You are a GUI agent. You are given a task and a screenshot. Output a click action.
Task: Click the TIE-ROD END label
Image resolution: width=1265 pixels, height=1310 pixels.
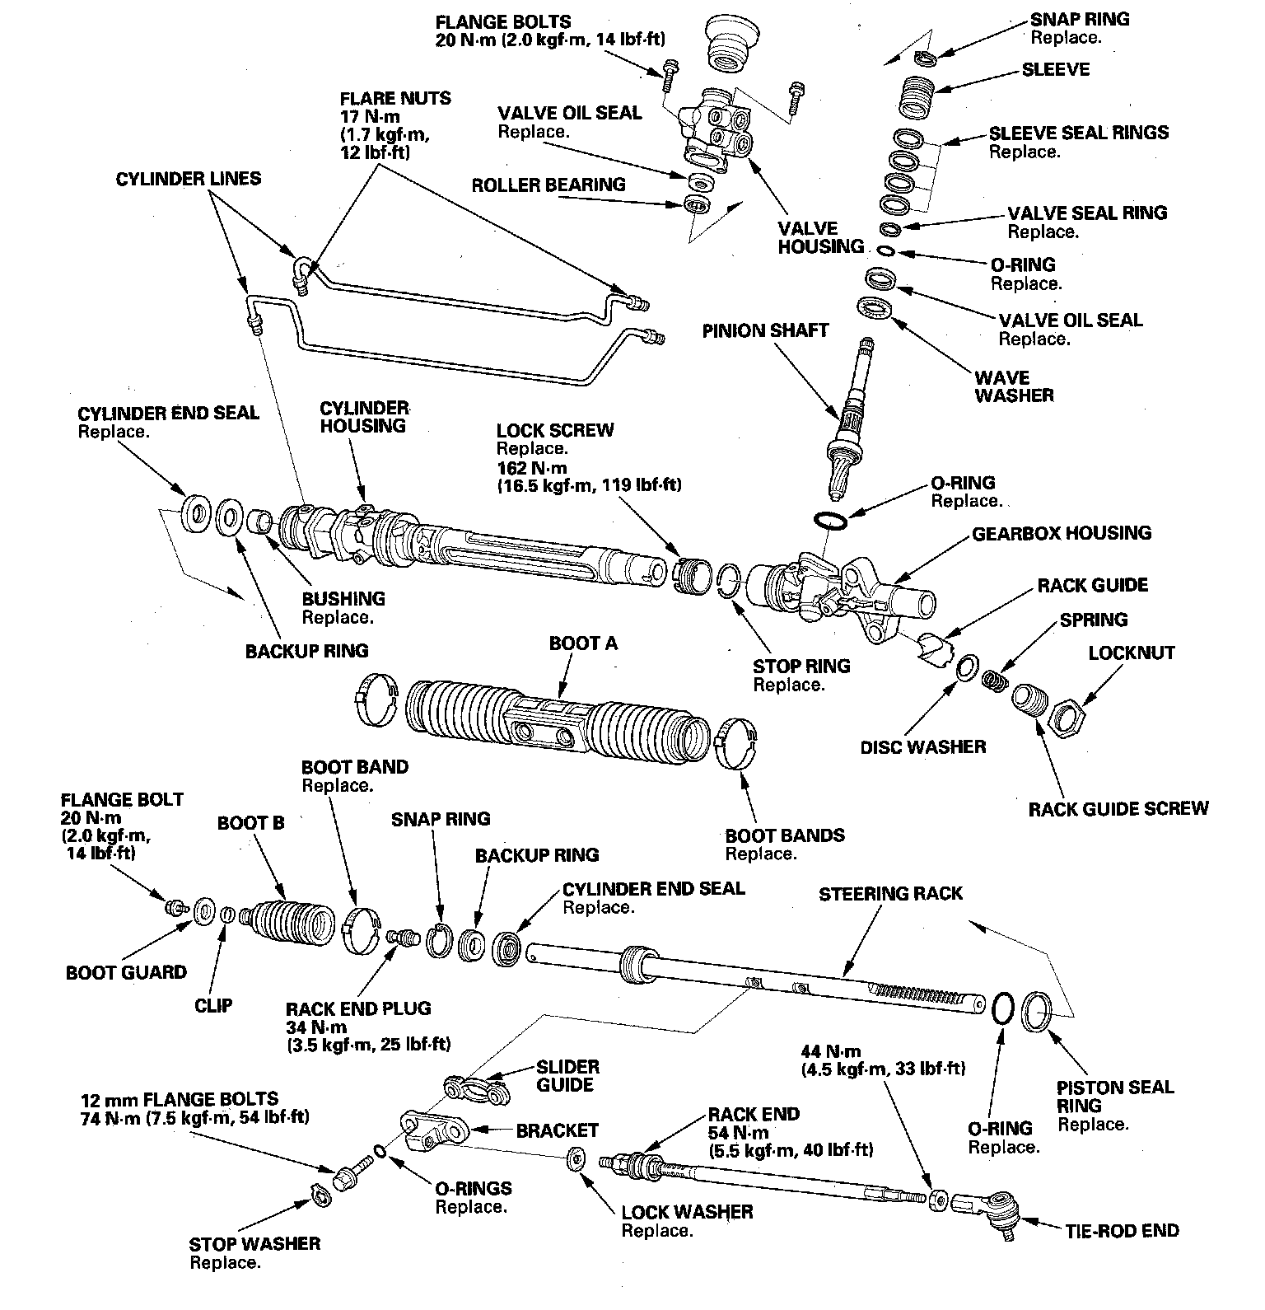click(x=1122, y=1230)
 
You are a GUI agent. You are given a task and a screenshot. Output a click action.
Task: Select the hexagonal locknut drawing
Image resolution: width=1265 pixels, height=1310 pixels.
click(x=1068, y=713)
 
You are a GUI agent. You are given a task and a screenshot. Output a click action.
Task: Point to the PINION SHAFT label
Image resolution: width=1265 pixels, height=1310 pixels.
click(x=765, y=330)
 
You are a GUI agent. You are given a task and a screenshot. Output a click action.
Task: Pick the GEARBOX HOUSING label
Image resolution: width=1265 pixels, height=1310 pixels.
click(x=1062, y=533)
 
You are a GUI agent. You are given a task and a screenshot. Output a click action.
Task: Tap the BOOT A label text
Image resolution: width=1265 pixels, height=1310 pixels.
click(x=583, y=643)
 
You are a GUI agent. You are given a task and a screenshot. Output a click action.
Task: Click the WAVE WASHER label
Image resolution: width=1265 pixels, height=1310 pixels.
click(x=1014, y=386)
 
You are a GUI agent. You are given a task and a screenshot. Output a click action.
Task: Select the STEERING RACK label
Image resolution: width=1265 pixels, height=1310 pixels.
click(x=890, y=893)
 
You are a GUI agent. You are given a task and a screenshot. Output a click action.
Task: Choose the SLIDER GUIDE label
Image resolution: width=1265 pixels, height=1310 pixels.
click(x=567, y=1075)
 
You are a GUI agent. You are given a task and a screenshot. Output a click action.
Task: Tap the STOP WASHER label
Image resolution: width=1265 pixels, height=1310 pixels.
click(x=254, y=1243)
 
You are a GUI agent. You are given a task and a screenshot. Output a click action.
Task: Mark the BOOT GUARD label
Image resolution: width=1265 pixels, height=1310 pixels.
click(x=126, y=972)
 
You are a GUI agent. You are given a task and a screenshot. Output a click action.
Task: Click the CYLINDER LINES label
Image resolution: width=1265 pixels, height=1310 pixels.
click(x=188, y=179)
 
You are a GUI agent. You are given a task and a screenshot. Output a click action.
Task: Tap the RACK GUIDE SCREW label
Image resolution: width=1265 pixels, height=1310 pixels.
click(x=1118, y=808)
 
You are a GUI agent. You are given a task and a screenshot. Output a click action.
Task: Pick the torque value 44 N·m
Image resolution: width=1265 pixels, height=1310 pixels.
click(x=830, y=1051)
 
